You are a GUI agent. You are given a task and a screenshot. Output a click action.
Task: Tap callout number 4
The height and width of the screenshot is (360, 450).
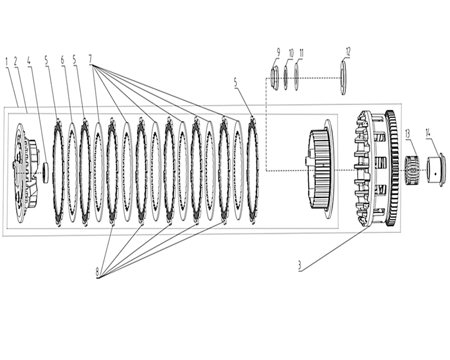(x=29, y=61)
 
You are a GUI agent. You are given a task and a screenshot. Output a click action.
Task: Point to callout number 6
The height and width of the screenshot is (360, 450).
(x=63, y=60)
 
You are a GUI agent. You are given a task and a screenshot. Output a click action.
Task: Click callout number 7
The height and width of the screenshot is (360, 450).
(x=91, y=59)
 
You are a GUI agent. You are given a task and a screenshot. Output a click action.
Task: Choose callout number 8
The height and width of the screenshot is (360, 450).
(x=97, y=272)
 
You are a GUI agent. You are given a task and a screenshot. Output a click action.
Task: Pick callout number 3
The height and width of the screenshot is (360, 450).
(x=300, y=265)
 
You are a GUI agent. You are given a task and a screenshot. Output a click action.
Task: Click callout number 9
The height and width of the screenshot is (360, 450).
(x=278, y=53)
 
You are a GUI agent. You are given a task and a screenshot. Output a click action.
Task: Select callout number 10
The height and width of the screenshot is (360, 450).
(x=291, y=53)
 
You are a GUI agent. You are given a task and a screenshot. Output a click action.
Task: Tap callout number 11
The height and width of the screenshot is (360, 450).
(x=301, y=53)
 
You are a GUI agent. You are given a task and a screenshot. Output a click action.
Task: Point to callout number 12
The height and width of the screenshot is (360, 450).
(x=348, y=52)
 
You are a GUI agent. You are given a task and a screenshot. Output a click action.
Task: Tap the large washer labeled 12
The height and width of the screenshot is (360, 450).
(x=343, y=78)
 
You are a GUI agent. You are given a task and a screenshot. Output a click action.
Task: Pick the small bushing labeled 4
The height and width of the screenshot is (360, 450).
(x=46, y=173)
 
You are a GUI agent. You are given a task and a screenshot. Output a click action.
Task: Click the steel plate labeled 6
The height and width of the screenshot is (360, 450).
(x=72, y=172)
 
